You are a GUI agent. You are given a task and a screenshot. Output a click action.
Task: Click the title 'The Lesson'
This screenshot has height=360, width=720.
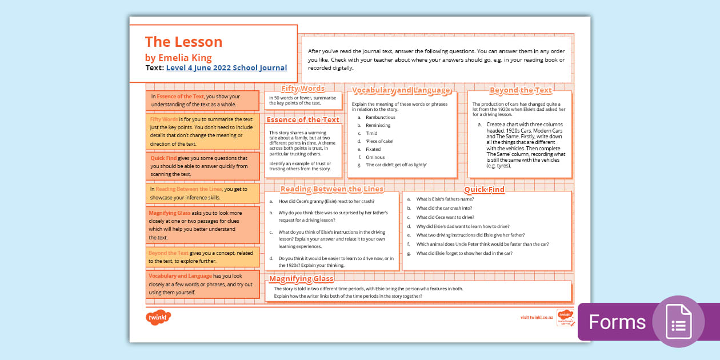pyautogui.click(x=183, y=42)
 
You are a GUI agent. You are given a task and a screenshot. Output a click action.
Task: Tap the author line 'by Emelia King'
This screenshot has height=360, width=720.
pyautogui.click(x=178, y=58)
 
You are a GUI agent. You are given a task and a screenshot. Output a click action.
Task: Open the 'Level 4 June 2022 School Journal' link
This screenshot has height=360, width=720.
pyautogui.click(x=226, y=67)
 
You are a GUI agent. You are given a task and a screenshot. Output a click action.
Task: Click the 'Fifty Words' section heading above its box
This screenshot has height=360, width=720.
pyautogui.click(x=303, y=89)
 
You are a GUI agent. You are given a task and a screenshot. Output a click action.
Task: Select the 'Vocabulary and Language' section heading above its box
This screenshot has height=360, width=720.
pyautogui.click(x=401, y=90)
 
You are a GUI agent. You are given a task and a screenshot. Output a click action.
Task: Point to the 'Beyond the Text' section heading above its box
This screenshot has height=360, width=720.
pyautogui.click(x=521, y=90)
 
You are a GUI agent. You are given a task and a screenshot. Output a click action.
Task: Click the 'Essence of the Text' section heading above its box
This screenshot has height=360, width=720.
pyautogui.click(x=303, y=120)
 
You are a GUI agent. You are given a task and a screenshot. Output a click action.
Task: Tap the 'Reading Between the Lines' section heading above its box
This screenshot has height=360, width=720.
pyautogui.click(x=332, y=189)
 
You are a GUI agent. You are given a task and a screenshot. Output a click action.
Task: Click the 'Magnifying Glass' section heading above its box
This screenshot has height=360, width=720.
pyautogui.click(x=301, y=279)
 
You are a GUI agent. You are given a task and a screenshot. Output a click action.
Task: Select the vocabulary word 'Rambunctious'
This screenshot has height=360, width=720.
pyautogui.click(x=381, y=117)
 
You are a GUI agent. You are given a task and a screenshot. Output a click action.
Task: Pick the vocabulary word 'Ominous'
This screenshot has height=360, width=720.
pyautogui.click(x=375, y=157)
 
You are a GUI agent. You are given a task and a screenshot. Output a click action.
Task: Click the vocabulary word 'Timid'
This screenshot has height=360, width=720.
pyautogui.click(x=371, y=133)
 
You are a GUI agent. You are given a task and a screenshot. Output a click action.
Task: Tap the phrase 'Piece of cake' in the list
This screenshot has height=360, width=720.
pyautogui.click(x=379, y=141)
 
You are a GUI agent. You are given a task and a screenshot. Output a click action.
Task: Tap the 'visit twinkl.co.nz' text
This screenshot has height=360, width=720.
pyautogui.click(x=537, y=317)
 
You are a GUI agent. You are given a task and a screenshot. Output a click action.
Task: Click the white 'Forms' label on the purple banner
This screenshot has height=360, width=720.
pyautogui.click(x=617, y=322)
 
